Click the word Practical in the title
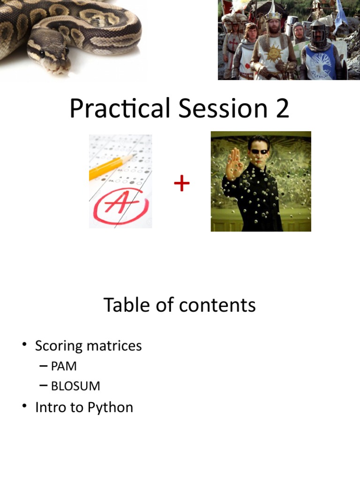(120, 109)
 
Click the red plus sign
(182, 184)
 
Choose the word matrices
(116, 346)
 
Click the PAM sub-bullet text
(64, 366)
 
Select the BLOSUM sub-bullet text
(75, 386)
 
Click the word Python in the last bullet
(111, 407)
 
